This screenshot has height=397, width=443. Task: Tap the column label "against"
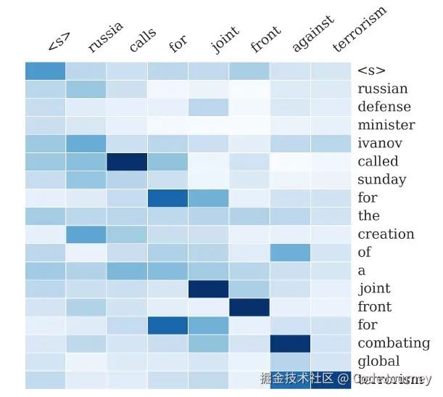pyautogui.click(x=312, y=33)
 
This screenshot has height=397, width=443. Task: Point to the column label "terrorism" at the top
pyautogui.click(x=360, y=29)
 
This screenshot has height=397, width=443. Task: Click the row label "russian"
pyautogui.click(x=382, y=89)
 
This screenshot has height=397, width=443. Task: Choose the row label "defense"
pyautogui.click(x=384, y=107)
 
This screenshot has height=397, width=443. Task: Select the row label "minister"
pyautogui.click(x=386, y=125)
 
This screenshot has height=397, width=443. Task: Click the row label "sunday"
pyautogui.click(x=381, y=179)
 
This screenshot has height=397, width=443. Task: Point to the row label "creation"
pyautogui.click(x=386, y=234)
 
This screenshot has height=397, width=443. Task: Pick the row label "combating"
pyautogui.click(x=394, y=343)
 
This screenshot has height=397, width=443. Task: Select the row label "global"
pyautogui.click(x=378, y=361)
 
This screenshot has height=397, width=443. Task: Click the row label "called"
pyautogui.click(x=378, y=161)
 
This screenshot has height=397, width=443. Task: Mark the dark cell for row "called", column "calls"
pyautogui.click(x=127, y=161)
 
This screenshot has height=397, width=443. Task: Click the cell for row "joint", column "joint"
pyautogui.click(x=208, y=288)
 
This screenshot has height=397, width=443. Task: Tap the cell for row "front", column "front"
pyautogui.click(x=249, y=306)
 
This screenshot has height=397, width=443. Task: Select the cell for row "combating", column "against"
pyautogui.click(x=290, y=343)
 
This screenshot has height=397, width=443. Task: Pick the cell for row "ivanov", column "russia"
pyautogui.click(x=86, y=143)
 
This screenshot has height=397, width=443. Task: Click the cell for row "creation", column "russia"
pyautogui.click(x=86, y=234)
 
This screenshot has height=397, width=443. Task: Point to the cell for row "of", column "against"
pyautogui.click(x=290, y=252)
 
